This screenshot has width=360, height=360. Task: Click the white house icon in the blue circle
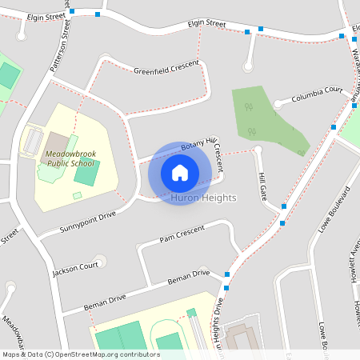click(x=180, y=173)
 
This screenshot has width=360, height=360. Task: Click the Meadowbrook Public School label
click(x=70, y=157)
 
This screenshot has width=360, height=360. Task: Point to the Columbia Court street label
click(x=317, y=96)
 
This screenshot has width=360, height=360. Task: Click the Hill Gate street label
click(x=262, y=186)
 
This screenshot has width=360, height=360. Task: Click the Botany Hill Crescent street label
click(x=205, y=148)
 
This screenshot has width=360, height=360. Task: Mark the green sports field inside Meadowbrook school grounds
click(x=87, y=171)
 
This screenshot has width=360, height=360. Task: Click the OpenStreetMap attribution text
click(x=81, y=354)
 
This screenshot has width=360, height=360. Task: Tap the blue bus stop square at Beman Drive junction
click(x=227, y=275)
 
